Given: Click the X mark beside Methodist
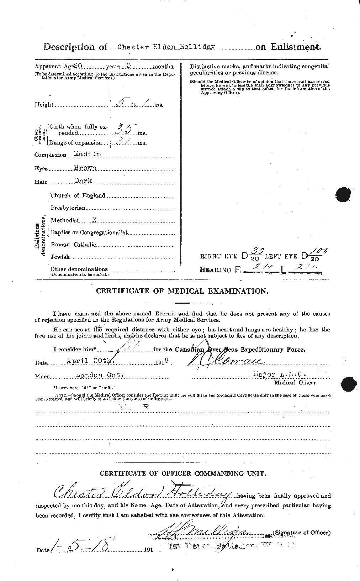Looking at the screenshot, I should click(95, 220).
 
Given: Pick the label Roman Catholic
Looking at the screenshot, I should click(73, 245).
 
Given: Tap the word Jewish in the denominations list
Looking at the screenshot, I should click(59, 257).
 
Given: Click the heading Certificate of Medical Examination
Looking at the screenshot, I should click(182, 291).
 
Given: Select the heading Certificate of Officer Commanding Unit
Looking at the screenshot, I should click(182, 473).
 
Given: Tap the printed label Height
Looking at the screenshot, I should click(44, 105).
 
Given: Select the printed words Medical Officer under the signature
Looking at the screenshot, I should click(296, 382).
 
